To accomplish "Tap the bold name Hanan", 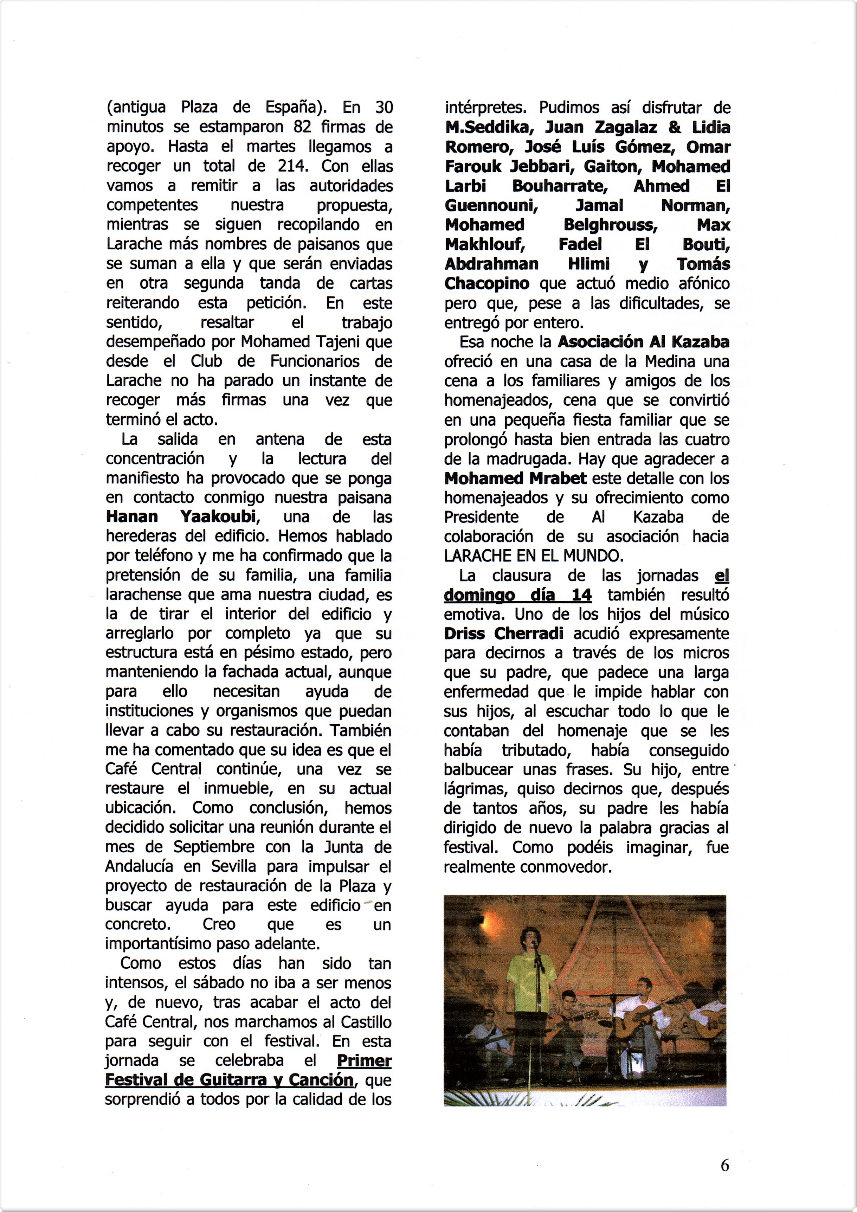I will [x=132, y=517].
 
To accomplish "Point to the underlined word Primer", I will [x=363, y=1060].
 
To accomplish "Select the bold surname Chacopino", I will [x=487, y=283].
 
